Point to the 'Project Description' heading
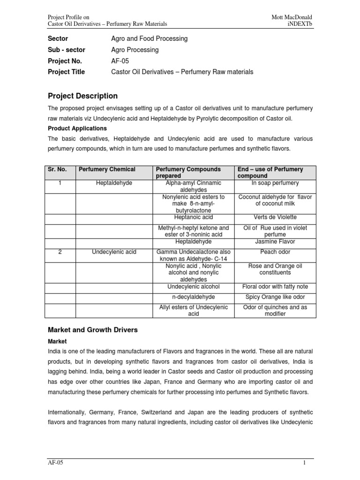(x=82, y=96)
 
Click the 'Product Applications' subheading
(x=77, y=128)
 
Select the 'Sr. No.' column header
(x=58, y=169)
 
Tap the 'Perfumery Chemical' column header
(x=107, y=169)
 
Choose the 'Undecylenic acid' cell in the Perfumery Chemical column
(x=114, y=252)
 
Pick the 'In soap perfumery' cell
(x=275, y=183)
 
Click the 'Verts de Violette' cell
(x=275, y=217)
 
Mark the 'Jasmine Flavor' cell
(x=275, y=241)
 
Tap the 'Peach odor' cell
(x=275, y=252)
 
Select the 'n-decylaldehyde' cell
(x=194, y=297)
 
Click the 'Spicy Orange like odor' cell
(x=275, y=297)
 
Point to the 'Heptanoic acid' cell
(x=194, y=217)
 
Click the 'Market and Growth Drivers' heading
(x=93, y=330)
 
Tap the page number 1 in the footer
(x=304, y=463)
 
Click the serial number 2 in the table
(x=60, y=252)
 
